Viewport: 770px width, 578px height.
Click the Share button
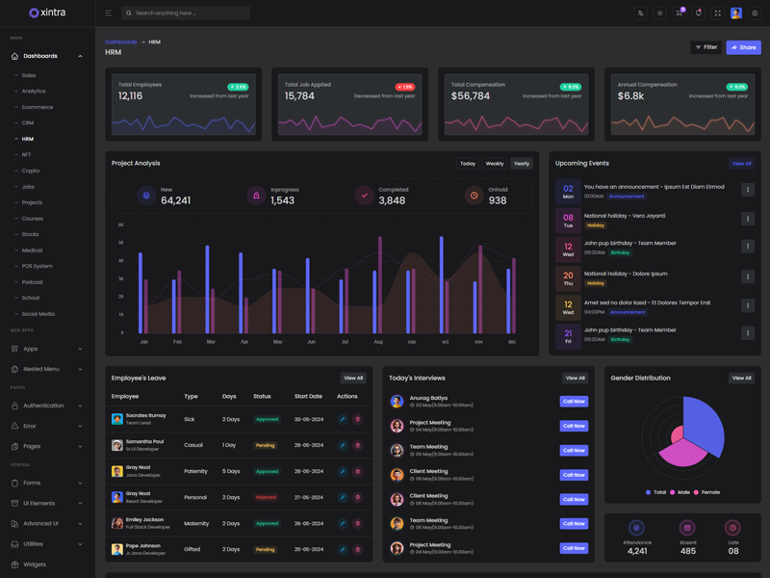(x=743, y=47)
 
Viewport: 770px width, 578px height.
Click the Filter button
(x=706, y=47)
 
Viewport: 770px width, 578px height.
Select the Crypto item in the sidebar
(x=31, y=171)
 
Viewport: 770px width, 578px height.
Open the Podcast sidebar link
(x=33, y=282)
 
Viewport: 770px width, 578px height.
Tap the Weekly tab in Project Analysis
(x=495, y=164)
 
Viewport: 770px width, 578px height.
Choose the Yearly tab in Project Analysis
(x=522, y=164)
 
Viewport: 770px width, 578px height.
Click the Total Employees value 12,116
(x=130, y=96)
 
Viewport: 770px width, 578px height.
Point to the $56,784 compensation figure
(x=471, y=96)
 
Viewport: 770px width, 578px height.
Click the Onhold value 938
(x=498, y=200)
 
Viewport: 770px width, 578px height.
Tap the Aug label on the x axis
(x=378, y=342)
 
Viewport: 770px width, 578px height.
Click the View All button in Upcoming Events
(x=741, y=164)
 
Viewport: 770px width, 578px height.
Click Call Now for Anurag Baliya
(x=574, y=402)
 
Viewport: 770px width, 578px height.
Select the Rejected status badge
(x=266, y=498)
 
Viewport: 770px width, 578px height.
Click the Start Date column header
(x=308, y=396)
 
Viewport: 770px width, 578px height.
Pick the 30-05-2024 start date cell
(x=308, y=419)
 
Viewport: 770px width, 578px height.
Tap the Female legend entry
(x=710, y=492)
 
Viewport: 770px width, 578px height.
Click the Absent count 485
(x=687, y=551)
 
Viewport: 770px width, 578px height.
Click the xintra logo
(x=47, y=13)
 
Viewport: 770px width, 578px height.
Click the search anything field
(x=188, y=13)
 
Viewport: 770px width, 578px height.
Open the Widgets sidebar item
(x=35, y=565)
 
